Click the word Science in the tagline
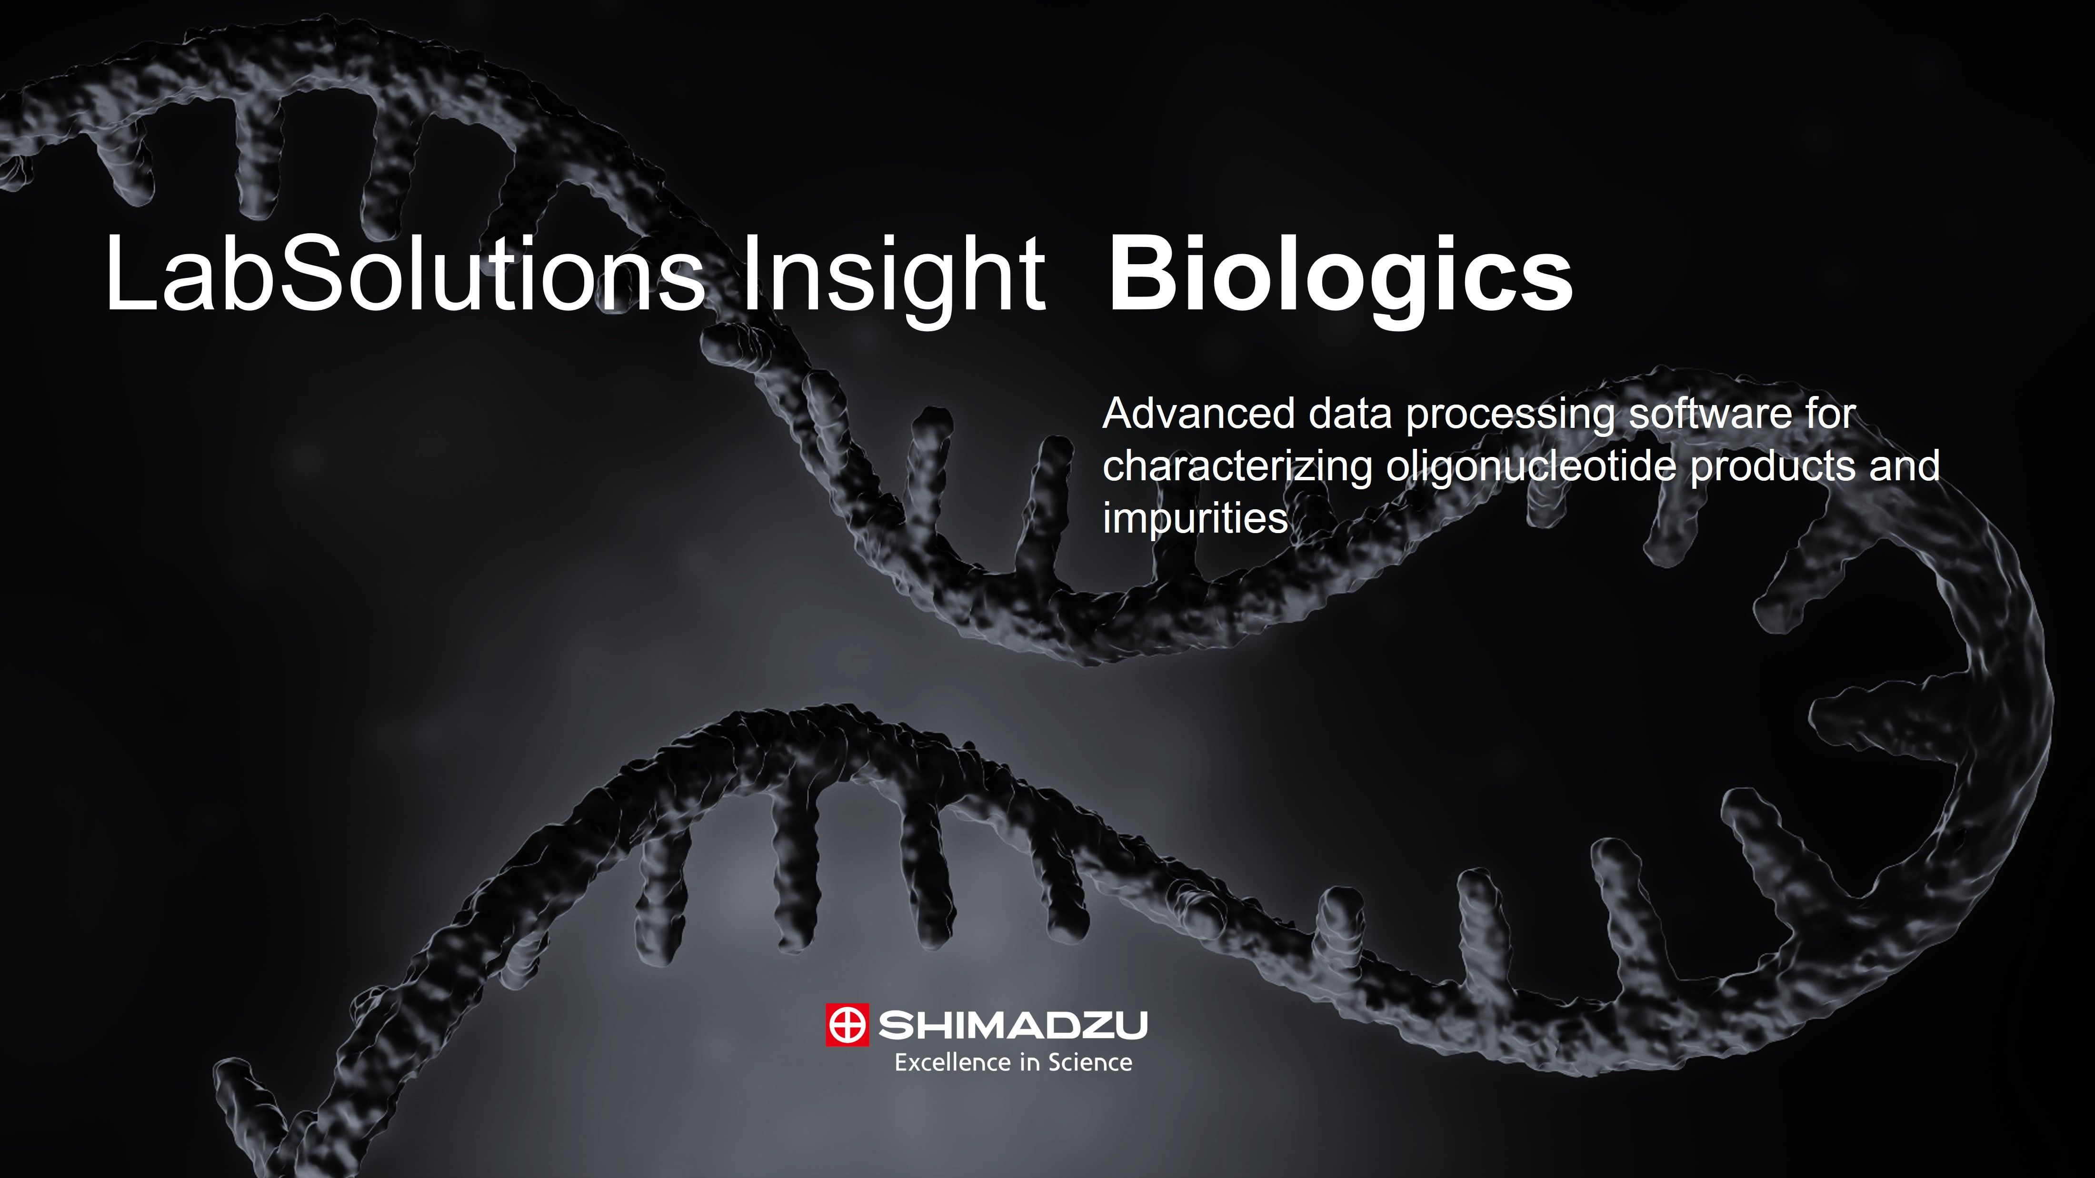[1090, 1062]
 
